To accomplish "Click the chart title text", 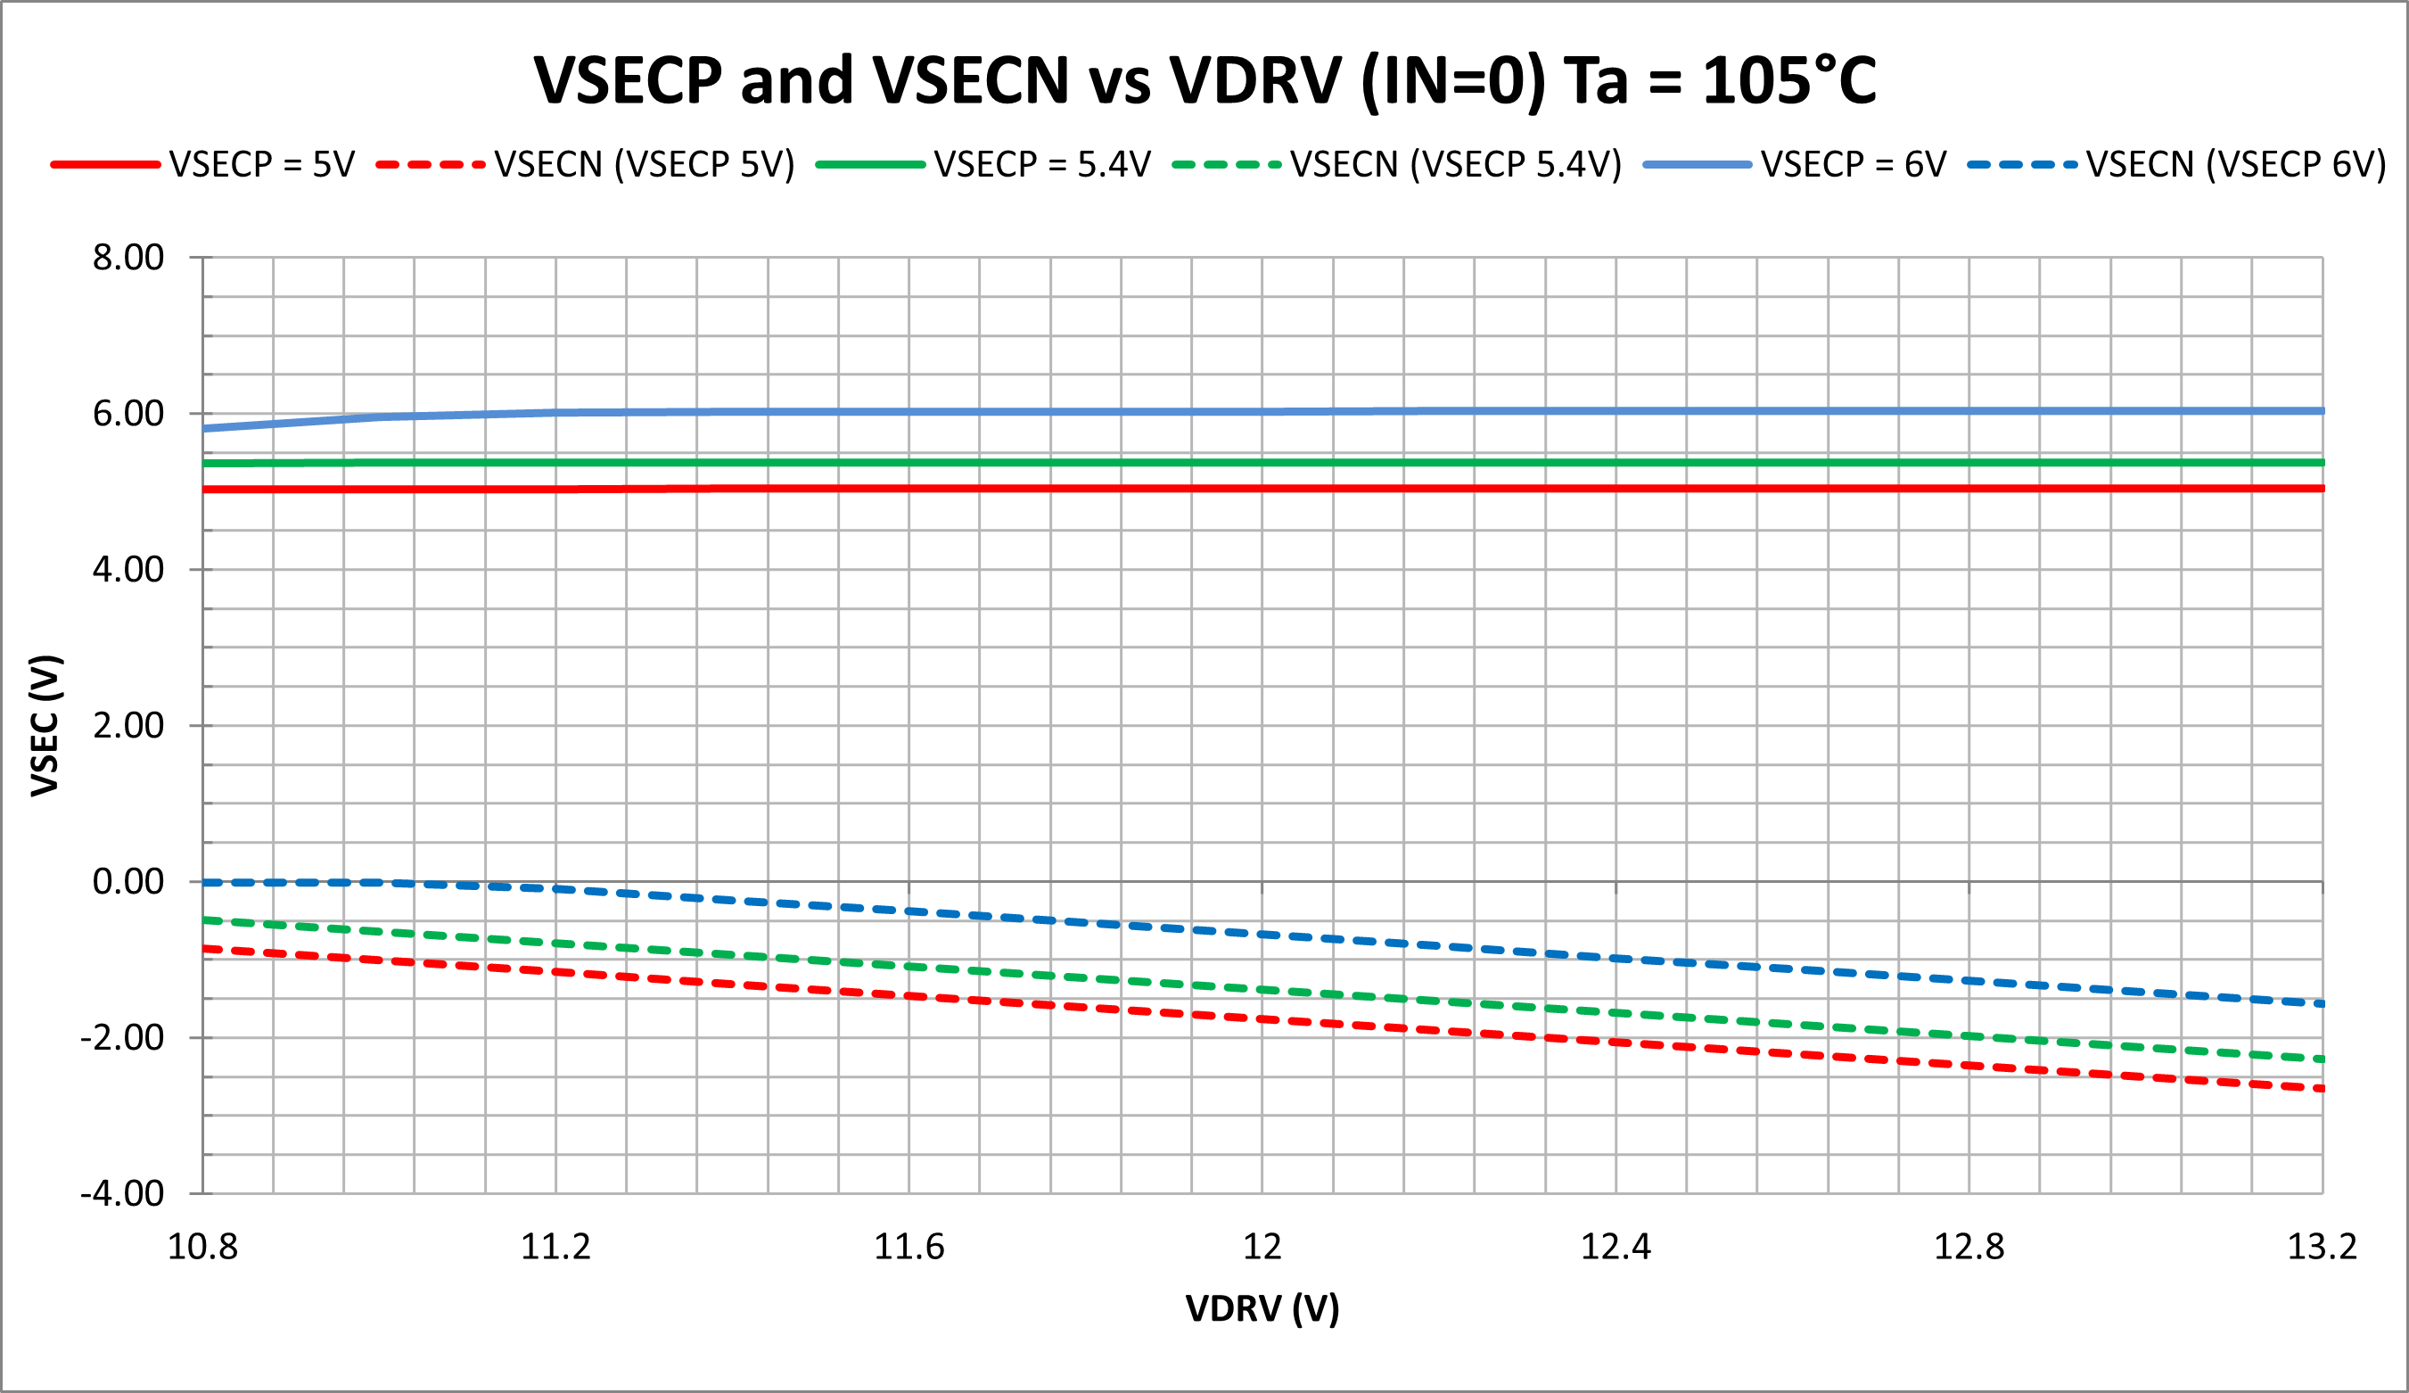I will coord(1204,80).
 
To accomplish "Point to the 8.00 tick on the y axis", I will coord(128,258).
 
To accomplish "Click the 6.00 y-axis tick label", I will coord(128,414).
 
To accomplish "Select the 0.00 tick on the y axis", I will coord(128,881).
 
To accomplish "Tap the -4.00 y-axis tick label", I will coord(122,1194).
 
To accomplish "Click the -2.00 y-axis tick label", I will coord(122,1037).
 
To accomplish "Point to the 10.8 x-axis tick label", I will coord(202,1248).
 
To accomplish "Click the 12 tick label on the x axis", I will coord(1262,1248).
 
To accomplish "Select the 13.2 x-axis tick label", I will coord(2322,1248).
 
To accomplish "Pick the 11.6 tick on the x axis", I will coord(909,1248).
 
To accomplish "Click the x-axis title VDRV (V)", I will coord(1262,1309).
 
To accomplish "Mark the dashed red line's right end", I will coord(2320,1088).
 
